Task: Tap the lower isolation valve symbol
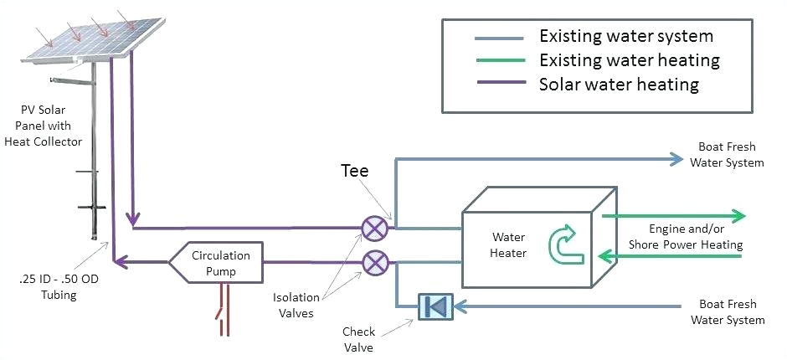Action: (x=373, y=263)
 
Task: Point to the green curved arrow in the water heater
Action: (x=560, y=242)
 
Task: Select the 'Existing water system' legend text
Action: (x=625, y=37)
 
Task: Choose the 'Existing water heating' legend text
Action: (x=629, y=60)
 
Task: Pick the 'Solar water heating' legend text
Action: (x=619, y=85)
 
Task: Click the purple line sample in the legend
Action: (x=500, y=85)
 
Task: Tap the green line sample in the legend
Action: (x=500, y=60)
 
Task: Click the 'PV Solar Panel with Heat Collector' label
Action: (x=52, y=125)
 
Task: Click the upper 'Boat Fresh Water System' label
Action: (x=726, y=156)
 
